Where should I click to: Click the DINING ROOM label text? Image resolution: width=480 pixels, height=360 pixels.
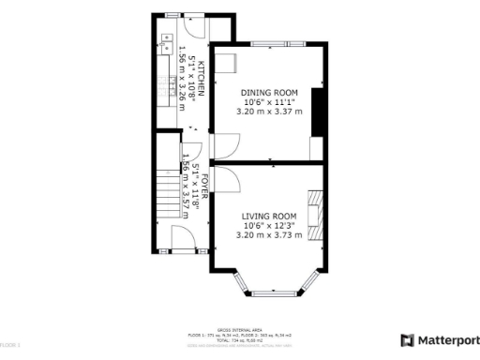coord(270,92)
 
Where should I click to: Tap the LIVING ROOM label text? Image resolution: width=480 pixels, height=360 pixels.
coord(270,216)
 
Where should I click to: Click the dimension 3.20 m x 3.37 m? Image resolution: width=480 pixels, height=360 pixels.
coord(270,112)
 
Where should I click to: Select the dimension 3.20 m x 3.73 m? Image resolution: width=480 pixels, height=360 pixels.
coord(270,235)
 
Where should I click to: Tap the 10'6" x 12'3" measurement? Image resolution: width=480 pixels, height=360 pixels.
coord(270,225)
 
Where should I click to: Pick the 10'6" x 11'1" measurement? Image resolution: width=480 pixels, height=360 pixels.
coord(270,101)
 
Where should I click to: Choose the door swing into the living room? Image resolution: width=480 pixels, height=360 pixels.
coord(228,179)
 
